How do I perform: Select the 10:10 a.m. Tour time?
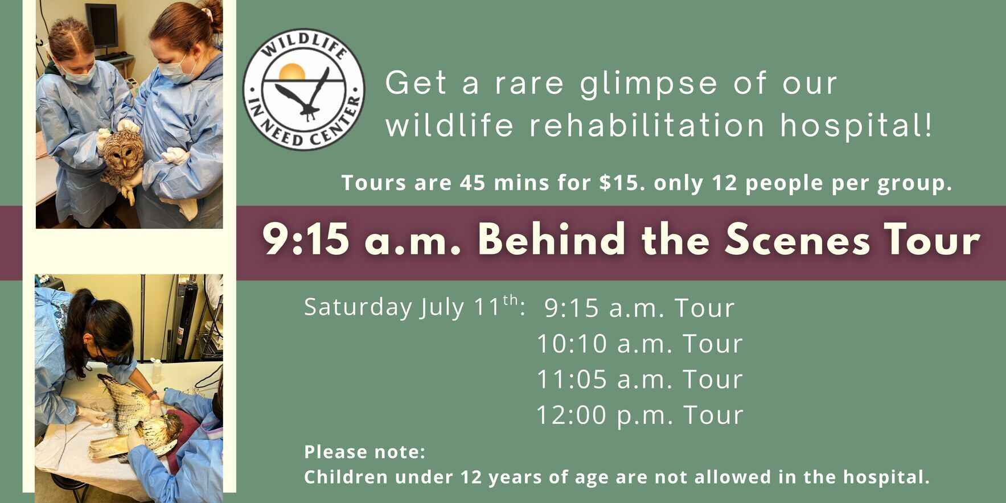click(x=639, y=344)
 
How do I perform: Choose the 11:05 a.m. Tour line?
click(x=639, y=380)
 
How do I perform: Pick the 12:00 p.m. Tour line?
click(x=639, y=415)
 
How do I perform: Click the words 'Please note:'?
click(x=365, y=452)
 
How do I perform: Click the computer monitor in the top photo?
click(x=101, y=25)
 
